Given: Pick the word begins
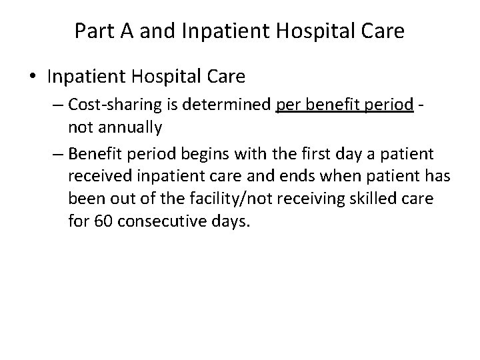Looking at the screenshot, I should coord(213,155).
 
